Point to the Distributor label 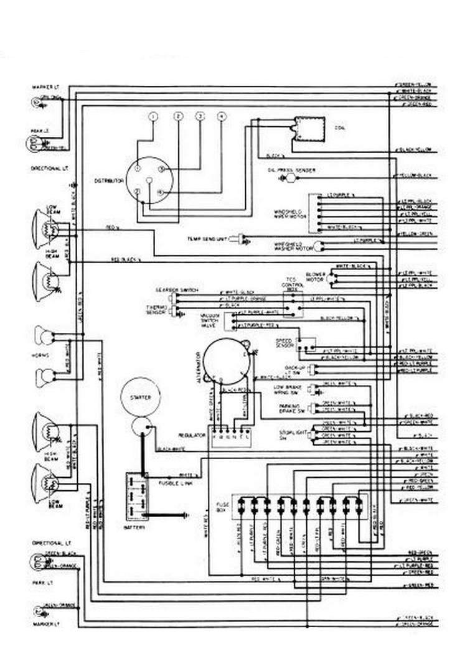[x=106, y=180]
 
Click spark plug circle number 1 [x=154, y=117]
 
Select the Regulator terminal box [x=230, y=434]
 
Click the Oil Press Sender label [x=291, y=169]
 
